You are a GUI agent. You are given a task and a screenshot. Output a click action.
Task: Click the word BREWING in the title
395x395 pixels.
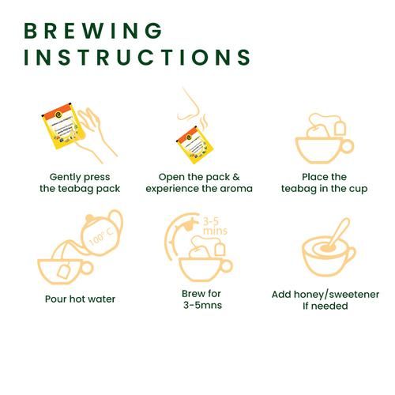93,31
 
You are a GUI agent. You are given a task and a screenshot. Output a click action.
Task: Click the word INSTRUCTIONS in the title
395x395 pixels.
137,57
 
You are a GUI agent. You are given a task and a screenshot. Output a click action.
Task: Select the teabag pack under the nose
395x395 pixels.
195,145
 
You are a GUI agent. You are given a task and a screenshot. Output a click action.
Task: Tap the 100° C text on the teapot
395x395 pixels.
101,236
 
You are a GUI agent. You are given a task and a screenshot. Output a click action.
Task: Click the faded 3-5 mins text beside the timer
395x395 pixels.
215,226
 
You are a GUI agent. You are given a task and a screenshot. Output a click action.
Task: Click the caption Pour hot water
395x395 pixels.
80,299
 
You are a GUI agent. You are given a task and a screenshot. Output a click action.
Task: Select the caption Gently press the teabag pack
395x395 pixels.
80,182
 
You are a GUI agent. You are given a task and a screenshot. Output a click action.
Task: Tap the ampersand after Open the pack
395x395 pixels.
236,177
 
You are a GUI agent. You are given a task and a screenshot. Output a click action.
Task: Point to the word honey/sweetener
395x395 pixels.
337,295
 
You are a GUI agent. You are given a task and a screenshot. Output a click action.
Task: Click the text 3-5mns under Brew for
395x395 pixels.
202,305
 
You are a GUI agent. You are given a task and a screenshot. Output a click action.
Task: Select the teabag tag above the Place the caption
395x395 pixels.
340,128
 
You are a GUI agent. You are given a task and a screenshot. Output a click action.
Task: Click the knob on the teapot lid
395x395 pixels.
89,218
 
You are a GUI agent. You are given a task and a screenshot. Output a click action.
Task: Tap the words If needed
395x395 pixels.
325,306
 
